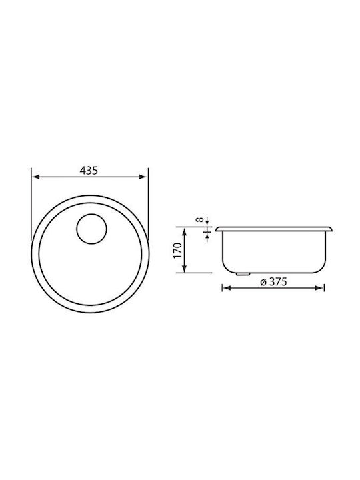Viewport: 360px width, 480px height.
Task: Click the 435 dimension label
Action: coord(89,171)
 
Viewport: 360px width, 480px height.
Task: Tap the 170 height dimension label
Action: coord(178,251)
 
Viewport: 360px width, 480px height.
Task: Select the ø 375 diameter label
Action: coord(274,281)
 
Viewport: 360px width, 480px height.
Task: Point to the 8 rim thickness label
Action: coord(200,220)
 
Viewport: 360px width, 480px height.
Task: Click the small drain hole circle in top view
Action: coord(91,229)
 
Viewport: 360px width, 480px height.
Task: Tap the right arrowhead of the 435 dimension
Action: coord(143,177)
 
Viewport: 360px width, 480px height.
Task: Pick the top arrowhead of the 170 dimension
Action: coord(184,232)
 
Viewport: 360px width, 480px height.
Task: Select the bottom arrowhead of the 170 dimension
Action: coord(184,268)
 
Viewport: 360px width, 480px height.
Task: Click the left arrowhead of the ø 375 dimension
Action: coord(227,287)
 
